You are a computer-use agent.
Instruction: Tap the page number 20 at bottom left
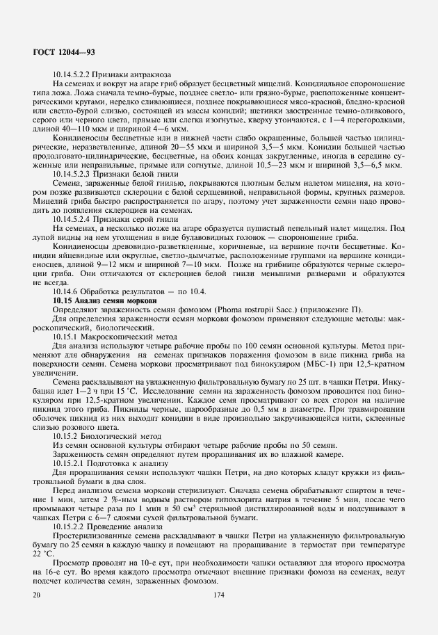click(36, 595)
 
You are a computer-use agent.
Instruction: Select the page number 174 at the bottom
click(219, 595)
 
